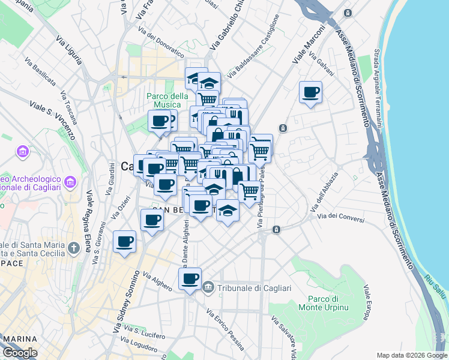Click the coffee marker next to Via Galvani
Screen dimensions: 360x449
pyautogui.click(x=310, y=92)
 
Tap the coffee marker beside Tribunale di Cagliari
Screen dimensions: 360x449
pyautogui.click(x=190, y=279)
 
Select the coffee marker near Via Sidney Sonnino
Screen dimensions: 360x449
pyautogui.click(x=125, y=242)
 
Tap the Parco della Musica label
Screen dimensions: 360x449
pyautogui.click(x=168, y=101)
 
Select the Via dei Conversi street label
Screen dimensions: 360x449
pyautogui.click(x=341, y=218)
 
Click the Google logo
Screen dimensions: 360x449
pyautogui.click(x=19, y=353)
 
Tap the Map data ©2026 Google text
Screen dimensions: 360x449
pyautogui.click(x=411, y=355)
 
